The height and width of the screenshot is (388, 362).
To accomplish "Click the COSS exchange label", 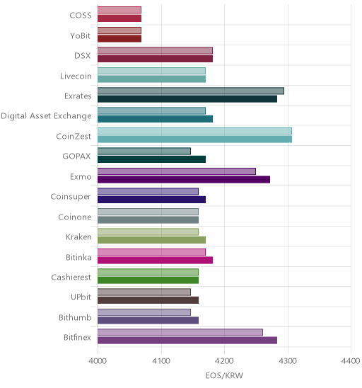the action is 81,16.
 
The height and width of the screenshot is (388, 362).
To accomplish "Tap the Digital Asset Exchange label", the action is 46,116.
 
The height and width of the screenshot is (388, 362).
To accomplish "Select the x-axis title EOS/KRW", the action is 224,376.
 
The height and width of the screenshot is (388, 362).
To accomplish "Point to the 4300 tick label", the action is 288,361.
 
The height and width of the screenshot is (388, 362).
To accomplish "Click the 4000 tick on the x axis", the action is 98,361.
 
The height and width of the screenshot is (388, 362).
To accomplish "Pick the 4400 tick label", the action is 351,361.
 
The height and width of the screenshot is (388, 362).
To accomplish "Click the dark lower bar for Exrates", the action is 187,99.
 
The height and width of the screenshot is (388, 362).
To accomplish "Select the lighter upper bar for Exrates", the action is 191,91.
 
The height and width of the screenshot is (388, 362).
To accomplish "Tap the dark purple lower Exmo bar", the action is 184,179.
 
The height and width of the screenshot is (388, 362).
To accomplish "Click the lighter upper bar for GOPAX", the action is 144,152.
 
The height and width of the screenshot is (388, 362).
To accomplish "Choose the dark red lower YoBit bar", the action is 119,39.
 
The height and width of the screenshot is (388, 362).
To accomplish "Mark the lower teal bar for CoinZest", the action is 194,139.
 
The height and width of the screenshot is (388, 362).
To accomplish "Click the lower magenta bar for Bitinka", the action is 155,260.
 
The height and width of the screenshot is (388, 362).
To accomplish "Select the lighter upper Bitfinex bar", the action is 180,332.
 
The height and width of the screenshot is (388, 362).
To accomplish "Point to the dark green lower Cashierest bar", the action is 148,280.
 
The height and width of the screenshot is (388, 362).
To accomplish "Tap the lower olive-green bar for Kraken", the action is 151,240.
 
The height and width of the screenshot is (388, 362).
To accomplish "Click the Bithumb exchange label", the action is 75,317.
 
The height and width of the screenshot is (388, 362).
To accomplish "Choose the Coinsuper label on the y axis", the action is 71,197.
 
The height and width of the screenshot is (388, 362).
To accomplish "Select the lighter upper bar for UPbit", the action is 144,292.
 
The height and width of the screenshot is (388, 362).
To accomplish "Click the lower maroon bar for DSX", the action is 155,59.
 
